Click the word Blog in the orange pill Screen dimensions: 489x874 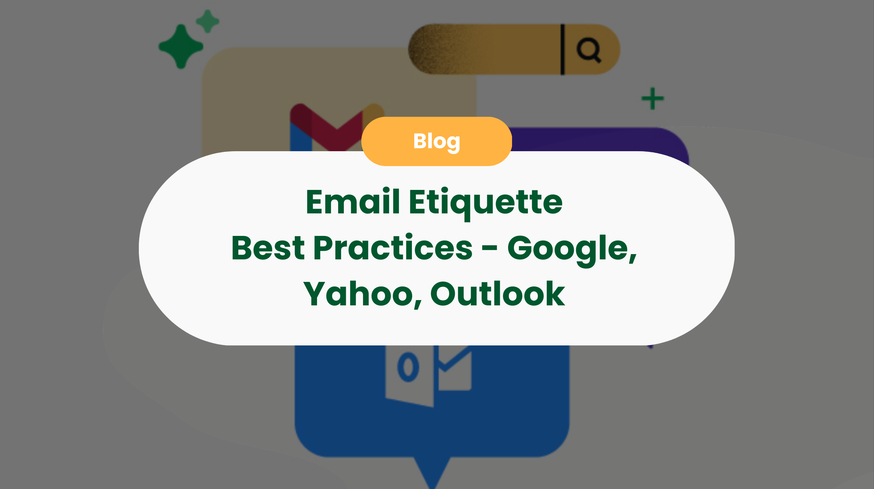coord(437,141)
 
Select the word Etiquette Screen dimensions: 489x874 coord(486,203)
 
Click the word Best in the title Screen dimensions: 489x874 coord(268,248)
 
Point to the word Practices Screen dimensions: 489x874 coord(393,248)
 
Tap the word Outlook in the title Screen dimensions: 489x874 coord(497,294)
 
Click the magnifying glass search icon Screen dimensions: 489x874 coord(589,50)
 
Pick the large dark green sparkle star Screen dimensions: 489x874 coord(181,47)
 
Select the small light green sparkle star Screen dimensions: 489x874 coord(208,22)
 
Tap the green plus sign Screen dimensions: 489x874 coord(653,99)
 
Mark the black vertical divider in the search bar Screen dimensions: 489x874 coord(562,49)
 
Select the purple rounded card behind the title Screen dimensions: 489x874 coord(597,139)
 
